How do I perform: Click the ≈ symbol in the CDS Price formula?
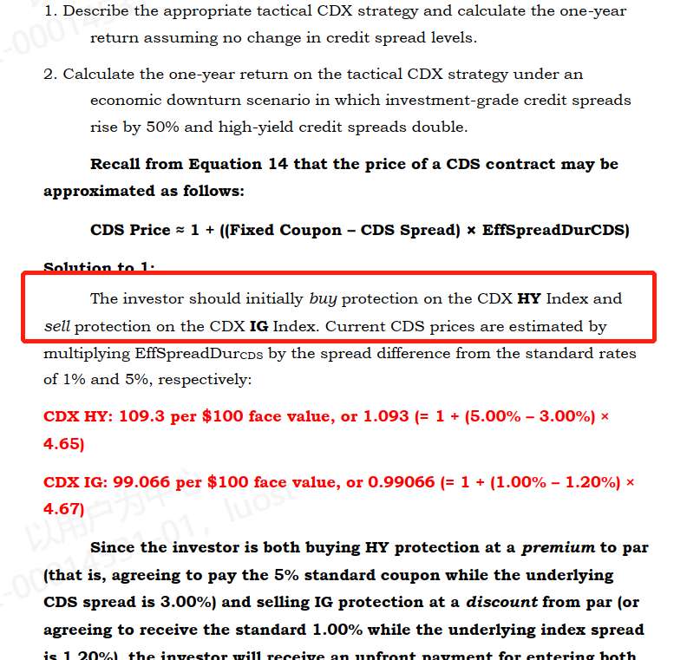pyautogui.click(x=180, y=230)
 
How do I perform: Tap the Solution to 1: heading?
pyautogui.click(x=101, y=268)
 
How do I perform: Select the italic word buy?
pyautogui.click(x=323, y=298)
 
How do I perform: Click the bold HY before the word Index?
pyautogui.click(x=528, y=298)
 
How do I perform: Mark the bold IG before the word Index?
pyautogui.click(x=258, y=327)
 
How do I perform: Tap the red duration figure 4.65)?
pyautogui.click(x=63, y=444)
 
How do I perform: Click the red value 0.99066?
pyautogui.click(x=401, y=482)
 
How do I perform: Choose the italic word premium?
pyautogui.click(x=558, y=547)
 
